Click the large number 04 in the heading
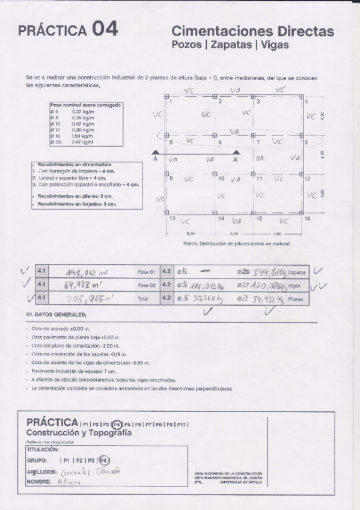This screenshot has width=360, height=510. coord(105,29)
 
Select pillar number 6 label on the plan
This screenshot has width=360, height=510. coord(220,142)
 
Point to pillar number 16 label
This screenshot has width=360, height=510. coord(307,219)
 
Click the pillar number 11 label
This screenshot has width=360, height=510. coord(260,179)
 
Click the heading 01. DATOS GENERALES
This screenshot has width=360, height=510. coord(56,315)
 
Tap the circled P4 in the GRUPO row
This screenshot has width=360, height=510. coord(103,460)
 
